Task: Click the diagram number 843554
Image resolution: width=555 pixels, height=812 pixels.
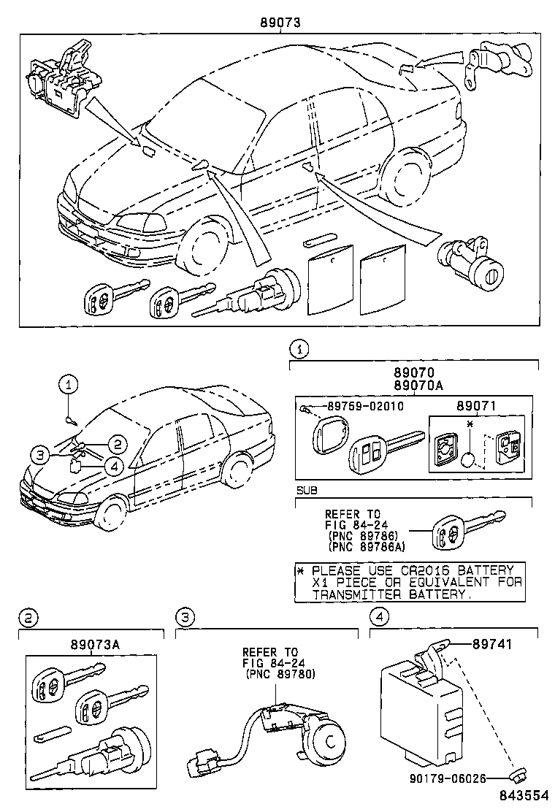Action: point(524,799)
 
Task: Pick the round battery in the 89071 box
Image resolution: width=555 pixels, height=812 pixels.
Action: point(470,459)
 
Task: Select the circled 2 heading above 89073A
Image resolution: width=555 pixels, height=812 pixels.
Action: point(26,618)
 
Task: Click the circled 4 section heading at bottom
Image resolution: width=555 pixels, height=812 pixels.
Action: point(378,618)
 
